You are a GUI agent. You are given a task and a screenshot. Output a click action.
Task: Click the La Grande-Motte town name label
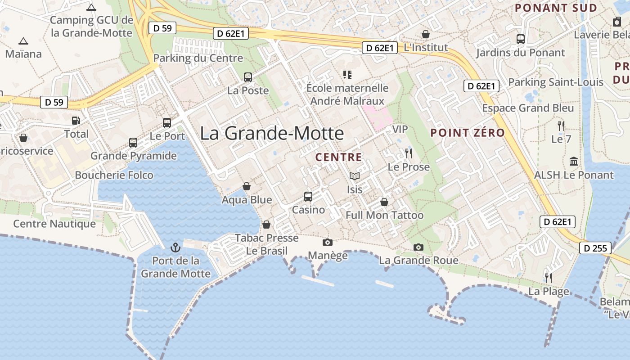(x=272, y=133)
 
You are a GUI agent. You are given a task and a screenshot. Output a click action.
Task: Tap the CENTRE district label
(x=339, y=157)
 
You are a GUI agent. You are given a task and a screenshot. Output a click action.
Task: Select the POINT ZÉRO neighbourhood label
(x=468, y=133)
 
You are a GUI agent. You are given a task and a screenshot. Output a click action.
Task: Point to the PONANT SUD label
(x=556, y=8)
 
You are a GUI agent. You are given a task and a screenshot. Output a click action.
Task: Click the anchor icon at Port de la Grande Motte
(x=175, y=247)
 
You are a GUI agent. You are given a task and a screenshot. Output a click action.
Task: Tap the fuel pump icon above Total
(x=76, y=121)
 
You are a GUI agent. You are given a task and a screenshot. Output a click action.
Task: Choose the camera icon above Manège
(x=328, y=243)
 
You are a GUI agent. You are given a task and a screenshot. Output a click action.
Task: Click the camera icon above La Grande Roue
(x=418, y=247)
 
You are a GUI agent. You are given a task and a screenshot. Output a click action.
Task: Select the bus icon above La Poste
(x=248, y=77)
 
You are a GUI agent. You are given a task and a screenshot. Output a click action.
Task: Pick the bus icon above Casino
(x=308, y=196)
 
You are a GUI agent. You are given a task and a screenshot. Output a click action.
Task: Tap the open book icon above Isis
(x=355, y=176)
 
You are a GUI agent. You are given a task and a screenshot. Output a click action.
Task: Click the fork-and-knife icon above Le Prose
(x=409, y=153)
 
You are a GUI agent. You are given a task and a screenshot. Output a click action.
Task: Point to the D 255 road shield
(x=595, y=248)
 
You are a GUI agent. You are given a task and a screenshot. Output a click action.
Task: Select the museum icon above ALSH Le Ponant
(x=574, y=161)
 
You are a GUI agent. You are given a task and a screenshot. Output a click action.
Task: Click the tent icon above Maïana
(x=23, y=41)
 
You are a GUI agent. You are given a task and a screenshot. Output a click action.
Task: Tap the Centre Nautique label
(x=54, y=224)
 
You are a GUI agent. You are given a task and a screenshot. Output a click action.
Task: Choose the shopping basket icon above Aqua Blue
(x=247, y=186)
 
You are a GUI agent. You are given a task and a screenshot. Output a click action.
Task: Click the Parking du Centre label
(x=198, y=58)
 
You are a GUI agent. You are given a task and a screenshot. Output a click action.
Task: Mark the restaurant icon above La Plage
(x=548, y=278)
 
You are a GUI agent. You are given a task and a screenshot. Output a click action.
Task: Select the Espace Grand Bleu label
(x=528, y=108)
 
